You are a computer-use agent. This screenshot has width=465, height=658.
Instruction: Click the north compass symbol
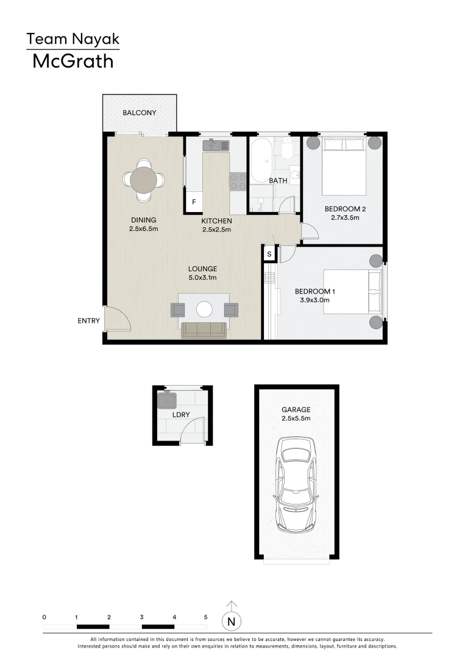tap(231, 621)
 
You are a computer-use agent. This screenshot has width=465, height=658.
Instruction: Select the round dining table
tap(144, 180)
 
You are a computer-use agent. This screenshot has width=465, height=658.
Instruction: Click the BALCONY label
tap(140, 113)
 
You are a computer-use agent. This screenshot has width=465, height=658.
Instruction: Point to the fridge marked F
tap(194, 202)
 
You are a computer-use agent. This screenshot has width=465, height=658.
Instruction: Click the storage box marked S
tap(269, 254)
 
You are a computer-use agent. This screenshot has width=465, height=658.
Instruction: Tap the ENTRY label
tap(88, 321)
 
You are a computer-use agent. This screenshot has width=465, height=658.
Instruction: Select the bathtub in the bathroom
tap(262, 160)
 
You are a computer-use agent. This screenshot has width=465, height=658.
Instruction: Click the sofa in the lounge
tap(204, 330)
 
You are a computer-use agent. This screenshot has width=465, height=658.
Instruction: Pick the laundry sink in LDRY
tap(167, 400)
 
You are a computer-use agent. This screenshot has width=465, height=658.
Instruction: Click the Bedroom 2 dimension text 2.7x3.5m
tap(345, 218)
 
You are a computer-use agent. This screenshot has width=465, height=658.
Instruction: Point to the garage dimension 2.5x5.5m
tap(296, 419)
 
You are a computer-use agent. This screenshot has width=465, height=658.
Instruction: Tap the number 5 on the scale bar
tap(206, 617)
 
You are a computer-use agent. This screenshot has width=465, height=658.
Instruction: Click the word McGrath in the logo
tap(73, 61)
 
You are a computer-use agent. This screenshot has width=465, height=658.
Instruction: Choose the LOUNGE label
tap(202, 269)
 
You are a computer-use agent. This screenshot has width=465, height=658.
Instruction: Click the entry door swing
tap(118, 319)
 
